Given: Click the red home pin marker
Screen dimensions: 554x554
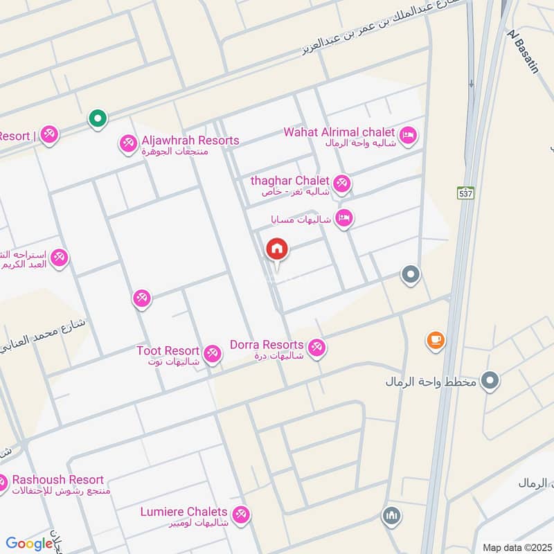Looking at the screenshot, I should point(278,250).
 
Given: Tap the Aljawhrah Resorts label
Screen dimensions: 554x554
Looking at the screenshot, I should point(190,141).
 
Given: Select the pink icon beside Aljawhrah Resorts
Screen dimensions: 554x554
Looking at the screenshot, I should point(127,143).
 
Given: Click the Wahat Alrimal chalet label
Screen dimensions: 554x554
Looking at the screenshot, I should point(339,132).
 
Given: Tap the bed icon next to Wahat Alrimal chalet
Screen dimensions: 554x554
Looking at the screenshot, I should point(409,135).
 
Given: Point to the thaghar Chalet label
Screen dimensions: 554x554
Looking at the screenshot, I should point(289,181).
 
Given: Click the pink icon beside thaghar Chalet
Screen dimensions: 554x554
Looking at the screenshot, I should point(341,184).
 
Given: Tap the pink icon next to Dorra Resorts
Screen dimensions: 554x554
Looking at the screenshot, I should point(317,347).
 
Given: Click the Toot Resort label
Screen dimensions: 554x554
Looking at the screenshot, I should point(168,351).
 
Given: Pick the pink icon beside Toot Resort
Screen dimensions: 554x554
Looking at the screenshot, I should point(213,354).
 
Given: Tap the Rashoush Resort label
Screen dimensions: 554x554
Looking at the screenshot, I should point(57,480).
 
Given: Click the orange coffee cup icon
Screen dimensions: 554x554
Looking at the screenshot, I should point(436,339).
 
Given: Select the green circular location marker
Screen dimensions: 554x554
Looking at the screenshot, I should point(98,119).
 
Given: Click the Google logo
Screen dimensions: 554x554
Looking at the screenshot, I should point(29,544).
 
